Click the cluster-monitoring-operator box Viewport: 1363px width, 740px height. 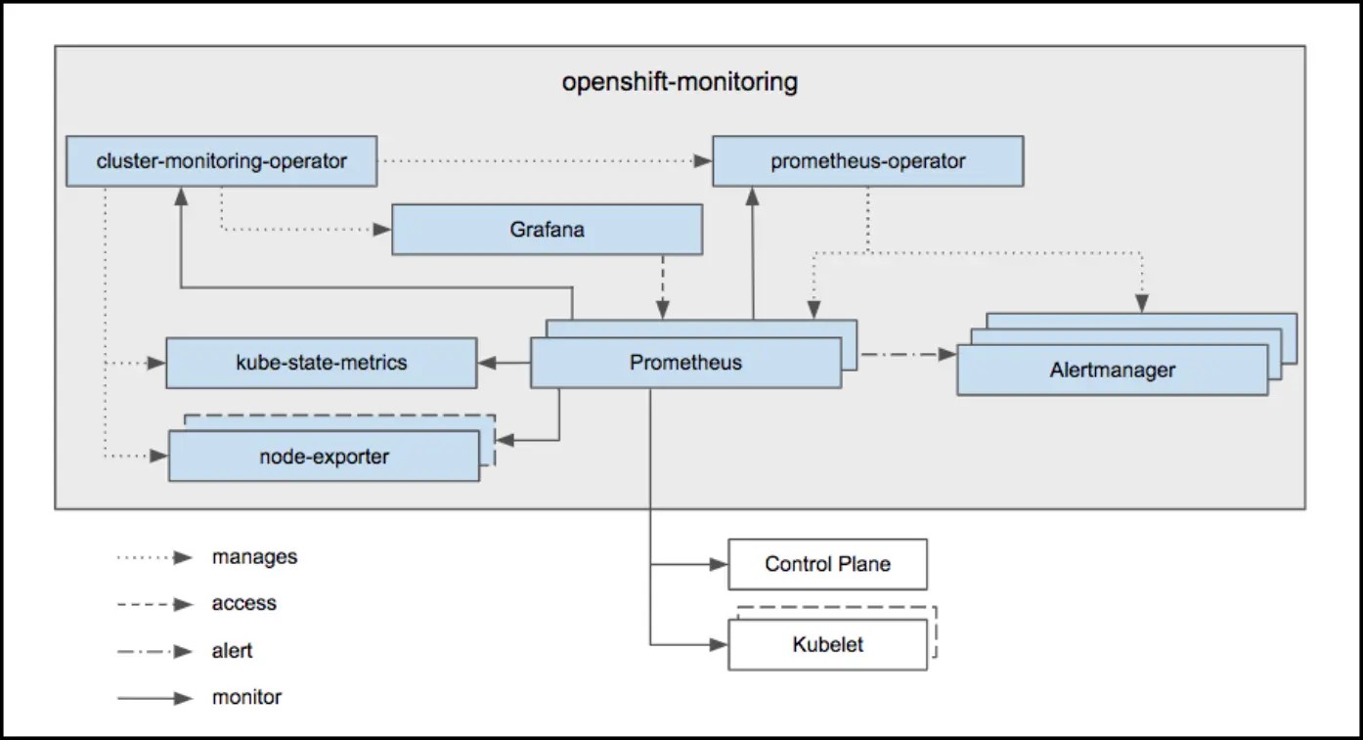click(221, 161)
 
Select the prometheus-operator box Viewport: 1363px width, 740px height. click(867, 161)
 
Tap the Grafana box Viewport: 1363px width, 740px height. click(547, 230)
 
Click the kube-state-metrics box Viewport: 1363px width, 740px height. click(321, 363)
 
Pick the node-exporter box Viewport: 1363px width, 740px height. click(324, 457)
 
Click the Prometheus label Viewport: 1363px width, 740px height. click(684, 363)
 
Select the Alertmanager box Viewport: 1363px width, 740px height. click(1112, 370)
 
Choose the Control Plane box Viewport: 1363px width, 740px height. click(827, 564)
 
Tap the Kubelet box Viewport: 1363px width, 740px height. click(827, 645)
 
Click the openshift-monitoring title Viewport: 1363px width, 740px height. click(680, 82)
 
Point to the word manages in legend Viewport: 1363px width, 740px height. click(254, 557)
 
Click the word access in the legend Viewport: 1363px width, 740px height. click(243, 604)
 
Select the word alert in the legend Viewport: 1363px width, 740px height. click(232, 651)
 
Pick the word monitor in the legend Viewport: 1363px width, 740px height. click(246, 698)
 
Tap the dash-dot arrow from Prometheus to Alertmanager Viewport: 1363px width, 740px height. click(904, 355)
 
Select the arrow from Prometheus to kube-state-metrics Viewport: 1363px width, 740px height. click(504, 364)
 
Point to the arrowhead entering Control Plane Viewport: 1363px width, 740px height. click(718, 564)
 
